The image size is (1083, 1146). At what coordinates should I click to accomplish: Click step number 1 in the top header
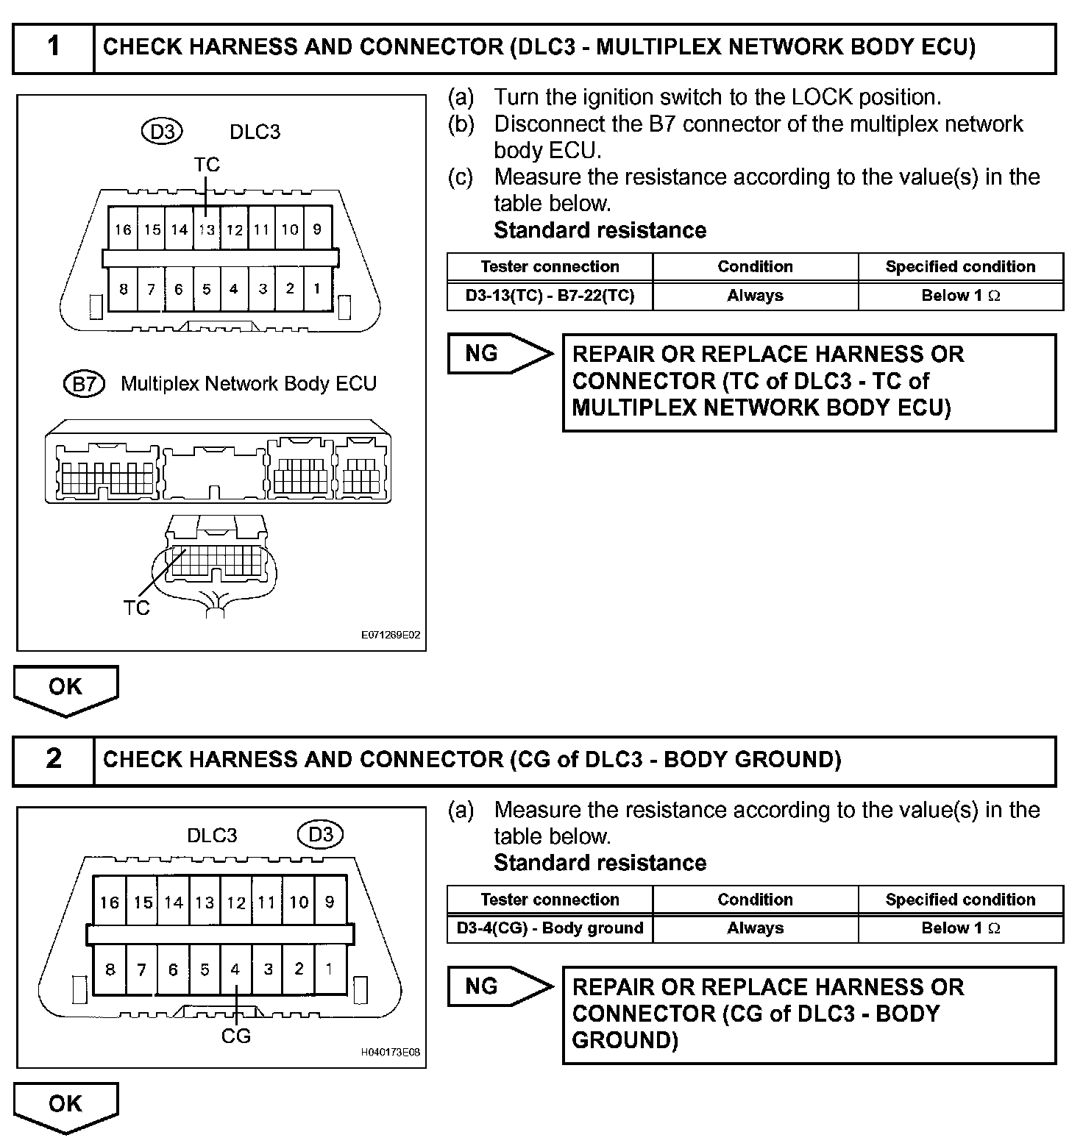point(54,47)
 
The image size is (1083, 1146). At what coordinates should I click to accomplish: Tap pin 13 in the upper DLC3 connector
point(207,229)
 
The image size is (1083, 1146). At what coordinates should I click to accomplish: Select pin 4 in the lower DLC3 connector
point(235,969)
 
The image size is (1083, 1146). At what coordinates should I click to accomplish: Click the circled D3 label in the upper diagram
point(162,132)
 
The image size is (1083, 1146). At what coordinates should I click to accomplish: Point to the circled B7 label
point(84,383)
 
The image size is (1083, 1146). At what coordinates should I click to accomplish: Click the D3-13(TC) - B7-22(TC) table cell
point(550,296)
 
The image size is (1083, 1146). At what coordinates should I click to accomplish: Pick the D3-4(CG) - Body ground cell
point(550,928)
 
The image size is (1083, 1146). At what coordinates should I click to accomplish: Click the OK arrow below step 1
point(65,688)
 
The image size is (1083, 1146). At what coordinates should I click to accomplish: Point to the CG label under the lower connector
point(236,1036)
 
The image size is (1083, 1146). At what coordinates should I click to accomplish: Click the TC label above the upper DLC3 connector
point(207,165)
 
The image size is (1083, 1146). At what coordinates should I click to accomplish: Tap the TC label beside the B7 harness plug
point(137,608)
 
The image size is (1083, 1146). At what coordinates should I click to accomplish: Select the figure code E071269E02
point(391,635)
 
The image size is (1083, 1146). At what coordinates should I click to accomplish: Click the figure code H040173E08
point(391,1053)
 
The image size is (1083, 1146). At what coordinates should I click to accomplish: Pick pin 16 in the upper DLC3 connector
point(122,229)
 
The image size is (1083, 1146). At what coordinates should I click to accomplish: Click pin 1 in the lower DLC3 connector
point(330,969)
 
